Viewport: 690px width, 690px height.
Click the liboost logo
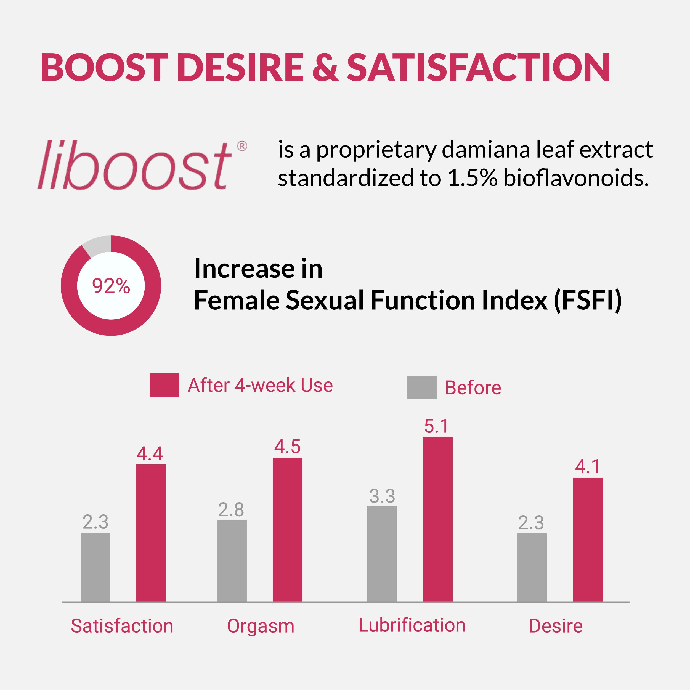tap(134, 165)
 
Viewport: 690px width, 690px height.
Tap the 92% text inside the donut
tap(111, 286)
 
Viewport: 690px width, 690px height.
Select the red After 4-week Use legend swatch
tap(164, 385)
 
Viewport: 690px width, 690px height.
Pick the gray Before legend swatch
tap(421, 388)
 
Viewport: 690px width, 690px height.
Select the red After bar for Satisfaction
tap(151, 533)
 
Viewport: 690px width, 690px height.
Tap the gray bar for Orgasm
tap(232, 561)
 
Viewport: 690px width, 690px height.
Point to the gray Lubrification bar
tap(382, 554)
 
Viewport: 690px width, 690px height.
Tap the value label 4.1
tap(588, 467)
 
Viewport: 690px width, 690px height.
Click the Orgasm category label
tap(260, 626)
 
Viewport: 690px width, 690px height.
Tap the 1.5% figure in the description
tap(472, 178)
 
